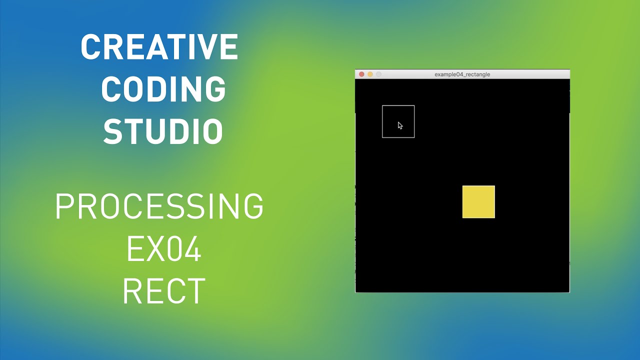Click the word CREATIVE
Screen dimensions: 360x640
(x=159, y=47)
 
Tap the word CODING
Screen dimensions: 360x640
(x=163, y=89)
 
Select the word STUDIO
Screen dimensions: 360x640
(x=163, y=131)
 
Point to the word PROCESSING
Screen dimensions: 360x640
(x=159, y=206)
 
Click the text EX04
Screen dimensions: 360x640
(x=163, y=249)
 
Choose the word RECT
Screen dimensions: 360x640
(x=163, y=291)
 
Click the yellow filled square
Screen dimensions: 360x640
(x=478, y=202)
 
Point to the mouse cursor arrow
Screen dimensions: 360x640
(x=400, y=125)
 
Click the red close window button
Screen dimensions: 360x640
(x=361, y=74)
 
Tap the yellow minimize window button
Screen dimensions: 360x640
(x=370, y=74)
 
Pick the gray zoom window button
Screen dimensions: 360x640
(x=378, y=74)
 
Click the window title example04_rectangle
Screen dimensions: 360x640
(x=462, y=74)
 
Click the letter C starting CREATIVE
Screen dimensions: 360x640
(x=91, y=47)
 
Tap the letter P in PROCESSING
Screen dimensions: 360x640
(x=65, y=206)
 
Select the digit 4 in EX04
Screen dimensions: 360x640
(x=191, y=249)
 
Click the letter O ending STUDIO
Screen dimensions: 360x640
(x=212, y=131)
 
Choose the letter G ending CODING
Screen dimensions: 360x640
(x=214, y=89)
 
